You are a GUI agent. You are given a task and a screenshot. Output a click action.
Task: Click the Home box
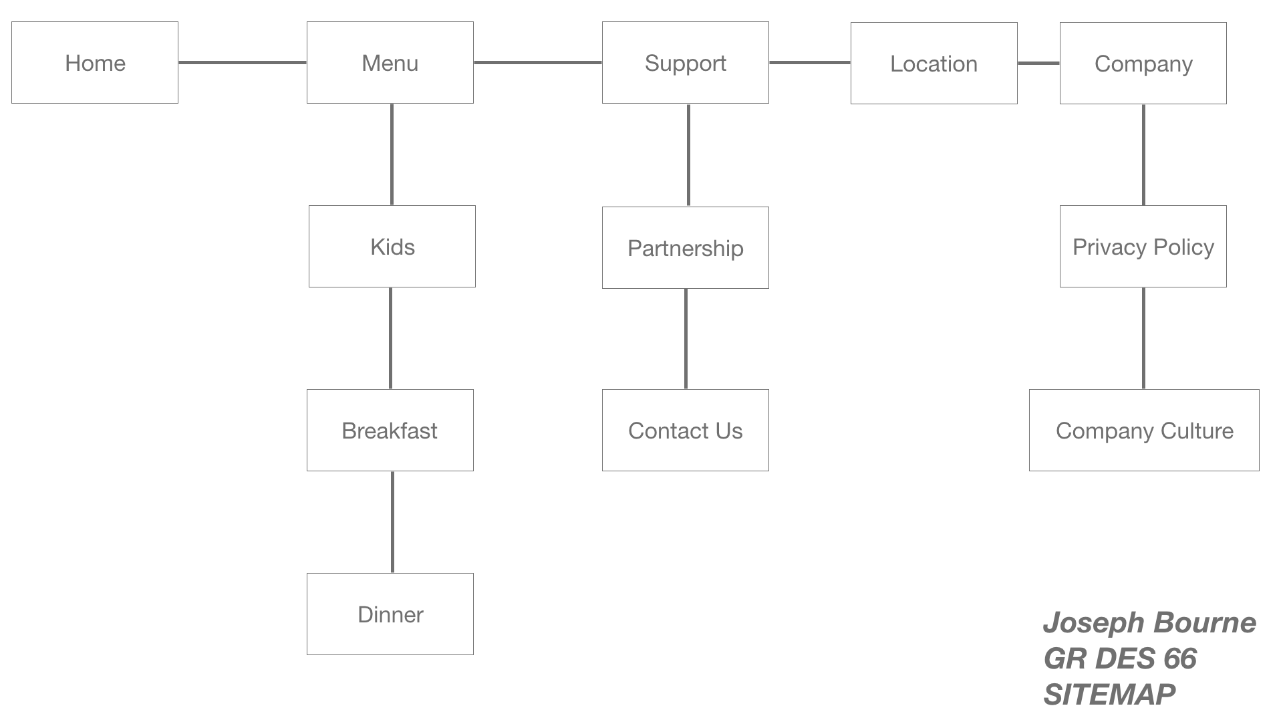(x=95, y=63)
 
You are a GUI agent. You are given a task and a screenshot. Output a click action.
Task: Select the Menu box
(x=390, y=63)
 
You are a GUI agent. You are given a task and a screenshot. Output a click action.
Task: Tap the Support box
(x=686, y=63)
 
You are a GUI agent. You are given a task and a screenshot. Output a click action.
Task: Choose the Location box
(x=934, y=64)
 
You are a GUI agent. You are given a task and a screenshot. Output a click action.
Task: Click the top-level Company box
(x=1143, y=64)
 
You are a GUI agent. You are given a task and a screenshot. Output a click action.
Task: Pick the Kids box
(x=392, y=247)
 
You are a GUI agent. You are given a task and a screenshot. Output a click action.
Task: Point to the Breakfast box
(x=390, y=431)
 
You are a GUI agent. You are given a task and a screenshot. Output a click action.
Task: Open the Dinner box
(x=390, y=614)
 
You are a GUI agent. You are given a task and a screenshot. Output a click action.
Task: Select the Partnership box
(x=686, y=248)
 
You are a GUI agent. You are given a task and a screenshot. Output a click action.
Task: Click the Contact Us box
(x=686, y=431)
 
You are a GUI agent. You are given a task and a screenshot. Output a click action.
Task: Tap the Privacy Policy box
(x=1143, y=247)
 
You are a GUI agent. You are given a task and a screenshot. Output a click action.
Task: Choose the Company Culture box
(x=1144, y=431)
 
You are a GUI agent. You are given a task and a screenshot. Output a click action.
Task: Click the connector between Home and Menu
(x=243, y=63)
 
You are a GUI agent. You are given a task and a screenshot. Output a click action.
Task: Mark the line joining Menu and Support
(x=538, y=63)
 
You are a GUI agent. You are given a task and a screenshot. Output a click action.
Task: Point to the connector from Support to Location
(x=810, y=63)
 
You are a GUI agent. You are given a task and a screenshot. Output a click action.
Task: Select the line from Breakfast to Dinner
(x=392, y=522)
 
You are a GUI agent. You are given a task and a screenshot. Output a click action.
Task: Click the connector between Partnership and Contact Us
(x=686, y=339)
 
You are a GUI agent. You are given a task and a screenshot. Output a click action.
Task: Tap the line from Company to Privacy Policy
(x=1143, y=155)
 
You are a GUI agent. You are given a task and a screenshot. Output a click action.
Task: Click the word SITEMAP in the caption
(x=1109, y=695)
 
